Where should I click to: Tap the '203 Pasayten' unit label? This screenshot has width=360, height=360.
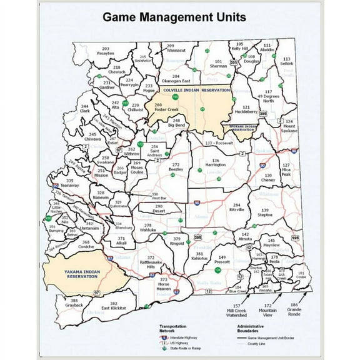[x=105, y=51]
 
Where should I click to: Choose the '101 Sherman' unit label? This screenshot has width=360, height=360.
[x=219, y=63]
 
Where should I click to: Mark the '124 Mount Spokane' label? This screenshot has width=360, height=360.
[x=289, y=126]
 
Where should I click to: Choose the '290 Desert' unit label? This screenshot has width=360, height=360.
[x=159, y=208]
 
